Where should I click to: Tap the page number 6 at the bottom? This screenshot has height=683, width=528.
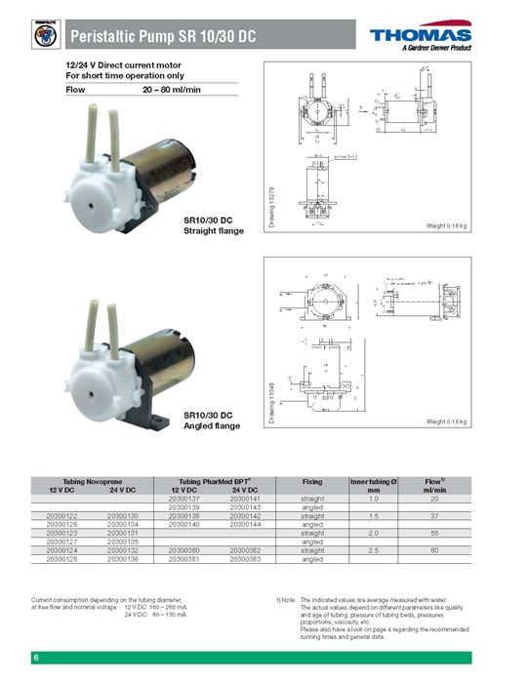(36, 658)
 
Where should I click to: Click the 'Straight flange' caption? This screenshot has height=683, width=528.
(214, 231)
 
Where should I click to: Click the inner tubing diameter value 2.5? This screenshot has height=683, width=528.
(373, 550)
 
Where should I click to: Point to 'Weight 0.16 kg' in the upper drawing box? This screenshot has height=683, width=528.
(448, 225)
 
